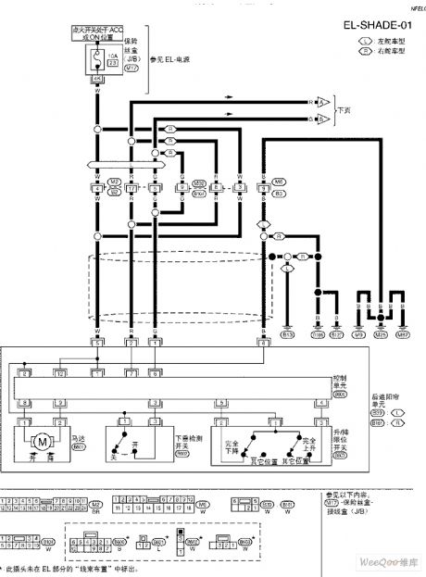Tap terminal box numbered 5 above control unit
click(96, 343)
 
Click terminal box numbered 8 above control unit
click(264, 343)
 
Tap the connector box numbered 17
click(132, 189)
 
